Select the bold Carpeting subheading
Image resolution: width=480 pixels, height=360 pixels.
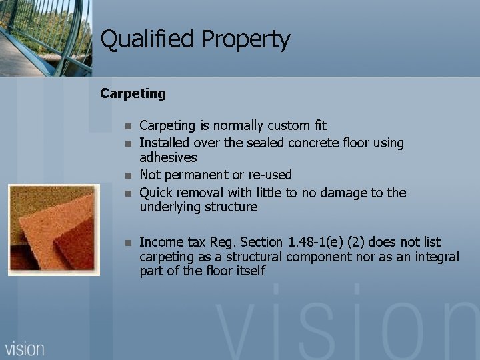click(x=133, y=93)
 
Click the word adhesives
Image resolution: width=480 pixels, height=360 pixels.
click(x=168, y=158)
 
